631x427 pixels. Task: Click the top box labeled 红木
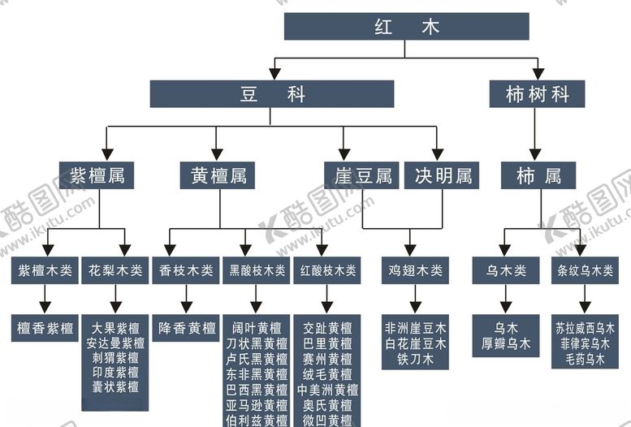406,27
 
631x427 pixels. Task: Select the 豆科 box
271,94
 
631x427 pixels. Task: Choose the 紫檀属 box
97,175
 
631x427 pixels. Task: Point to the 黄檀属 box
218,175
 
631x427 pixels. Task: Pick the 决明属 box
442,175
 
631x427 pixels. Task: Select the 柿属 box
538,175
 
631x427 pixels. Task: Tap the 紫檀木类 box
45,270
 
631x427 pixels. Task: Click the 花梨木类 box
115,270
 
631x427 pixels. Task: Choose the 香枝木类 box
185,270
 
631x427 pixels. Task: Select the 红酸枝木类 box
326,270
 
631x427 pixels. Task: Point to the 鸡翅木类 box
415,270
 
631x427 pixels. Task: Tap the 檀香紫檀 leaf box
45,329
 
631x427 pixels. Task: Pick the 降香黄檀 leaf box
186,329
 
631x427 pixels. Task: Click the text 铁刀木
415,358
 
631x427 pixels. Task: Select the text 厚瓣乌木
506,343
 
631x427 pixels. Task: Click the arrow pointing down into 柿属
534,153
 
